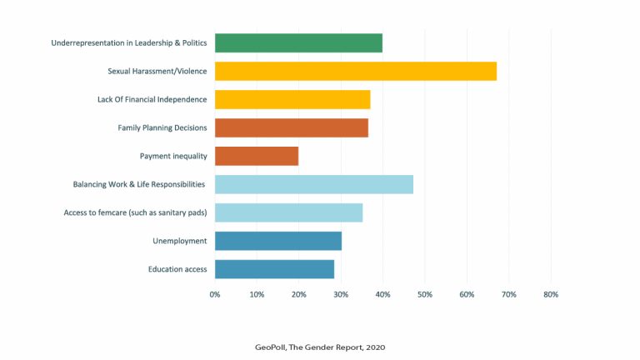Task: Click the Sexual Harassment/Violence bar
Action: pos(355,71)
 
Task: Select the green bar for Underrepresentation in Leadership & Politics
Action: pos(298,42)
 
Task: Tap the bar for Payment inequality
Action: pos(257,156)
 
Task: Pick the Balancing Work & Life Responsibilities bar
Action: pos(313,184)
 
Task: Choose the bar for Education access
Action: pos(274,269)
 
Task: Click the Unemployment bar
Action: pos(277,241)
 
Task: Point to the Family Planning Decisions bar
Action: pos(291,127)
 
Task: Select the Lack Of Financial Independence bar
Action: pos(292,99)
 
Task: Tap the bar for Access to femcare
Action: pos(288,212)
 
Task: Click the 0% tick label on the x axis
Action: pos(215,294)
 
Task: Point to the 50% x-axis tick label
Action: pos(424,294)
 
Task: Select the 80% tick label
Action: pos(550,294)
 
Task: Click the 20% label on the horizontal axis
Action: pos(298,294)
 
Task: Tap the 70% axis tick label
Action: pos(508,294)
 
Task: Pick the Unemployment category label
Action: pos(179,241)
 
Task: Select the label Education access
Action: pos(177,269)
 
